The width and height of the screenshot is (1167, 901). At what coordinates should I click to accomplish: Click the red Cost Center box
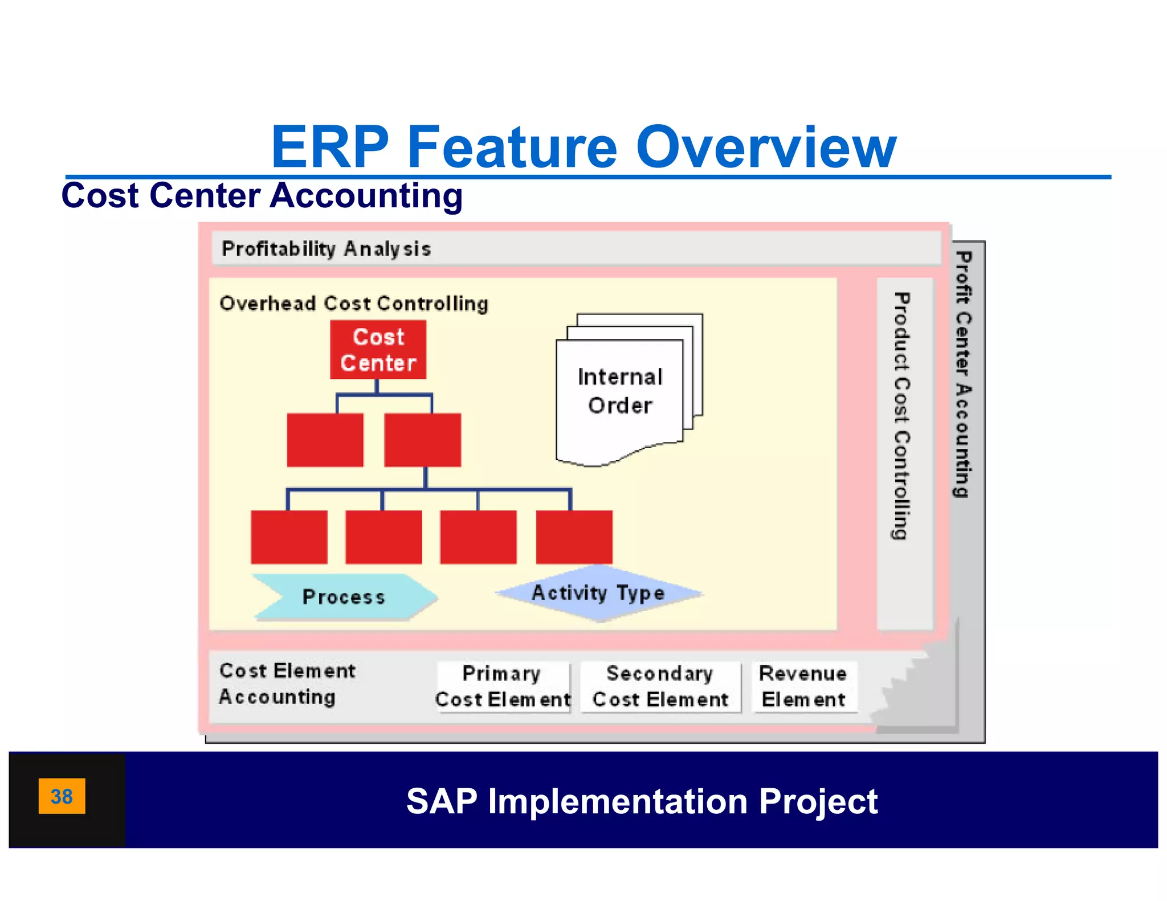pyautogui.click(x=378, y=349)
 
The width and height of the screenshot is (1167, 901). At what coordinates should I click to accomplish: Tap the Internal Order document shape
pyautogui.click(x=619, y=393)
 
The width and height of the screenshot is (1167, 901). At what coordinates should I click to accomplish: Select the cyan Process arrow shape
pyautogui.click(x=344, y=596)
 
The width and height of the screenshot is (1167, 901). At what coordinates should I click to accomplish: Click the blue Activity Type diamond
pyautogui.click(x=598, y=593)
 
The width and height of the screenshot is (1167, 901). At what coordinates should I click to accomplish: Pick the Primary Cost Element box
pyautogui.click(x=503, y=686)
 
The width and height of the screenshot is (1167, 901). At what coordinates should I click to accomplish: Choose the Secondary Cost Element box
pyautogui.click(x=660, y=686)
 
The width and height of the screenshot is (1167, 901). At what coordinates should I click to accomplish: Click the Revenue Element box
pyautogui.click(x=803, y=686)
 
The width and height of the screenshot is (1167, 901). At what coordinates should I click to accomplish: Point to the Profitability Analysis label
pyautogui.click(x=326, y=249)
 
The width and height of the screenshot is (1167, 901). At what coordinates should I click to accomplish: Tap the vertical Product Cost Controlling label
pyautogui.click(x=902, y=416)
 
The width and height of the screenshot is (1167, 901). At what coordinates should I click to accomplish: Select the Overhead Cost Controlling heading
pyautogui.click(x=354, y=303)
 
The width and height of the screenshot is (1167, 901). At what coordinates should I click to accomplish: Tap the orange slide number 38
pyautogui.click(x=62, y=796)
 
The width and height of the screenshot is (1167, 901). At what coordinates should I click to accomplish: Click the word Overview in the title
pyautogui.click(x=766, y=148)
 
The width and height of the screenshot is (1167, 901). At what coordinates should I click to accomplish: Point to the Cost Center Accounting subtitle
pyautogui.click(x=262, y=195)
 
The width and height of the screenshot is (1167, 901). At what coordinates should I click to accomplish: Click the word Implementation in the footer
pyautogui.click(x=618, y=801)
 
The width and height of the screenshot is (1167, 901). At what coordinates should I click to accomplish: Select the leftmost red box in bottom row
pyautogui.click(x=289, y=537)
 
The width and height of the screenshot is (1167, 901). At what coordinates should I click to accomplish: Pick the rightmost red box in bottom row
pyautogui.click(x=574, y=537)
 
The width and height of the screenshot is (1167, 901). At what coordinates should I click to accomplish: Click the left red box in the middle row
pyautogui.click(x=325, y=440)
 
